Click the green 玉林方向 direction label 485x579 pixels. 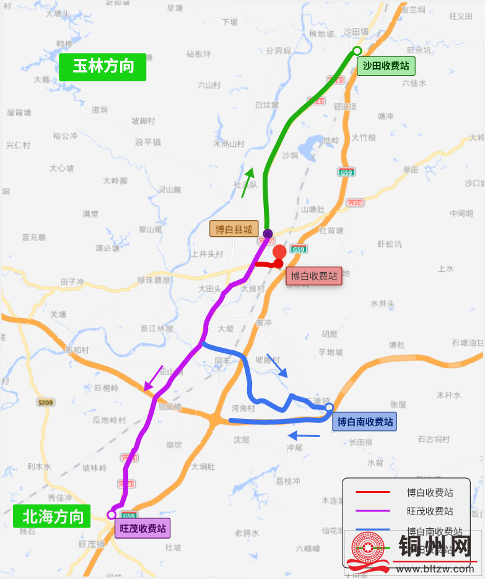coord(103,67)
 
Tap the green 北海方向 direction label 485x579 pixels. coord(52,516)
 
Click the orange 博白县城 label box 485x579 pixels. coord(233,229)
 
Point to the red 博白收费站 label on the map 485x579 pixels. coord(314,276)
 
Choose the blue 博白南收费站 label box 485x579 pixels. coord(364,422)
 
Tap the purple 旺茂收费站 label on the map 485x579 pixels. coord(142,529)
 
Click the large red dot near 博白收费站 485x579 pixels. coord(279,252)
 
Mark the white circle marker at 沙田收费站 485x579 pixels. coord(357,51)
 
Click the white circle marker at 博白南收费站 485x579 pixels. coord(330,407)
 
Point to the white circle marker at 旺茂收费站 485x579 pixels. coord(112,515)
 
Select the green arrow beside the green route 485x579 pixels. coord(248,181)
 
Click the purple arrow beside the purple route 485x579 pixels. coord(154,378)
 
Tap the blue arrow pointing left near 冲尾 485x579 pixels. coord(304,436)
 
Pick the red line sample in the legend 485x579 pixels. coord(373,492)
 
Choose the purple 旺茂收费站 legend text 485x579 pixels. coord(429,511)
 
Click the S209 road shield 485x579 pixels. coord(45,403)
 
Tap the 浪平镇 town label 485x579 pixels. coord(148,142)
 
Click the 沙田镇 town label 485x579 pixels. coord(356,31)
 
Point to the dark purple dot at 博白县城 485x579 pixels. coord(268,234)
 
